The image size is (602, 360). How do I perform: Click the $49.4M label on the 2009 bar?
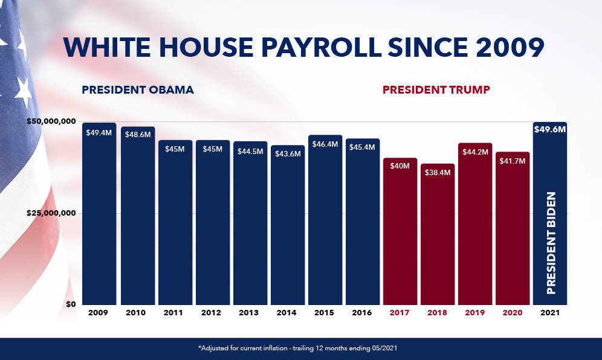coord(99,132)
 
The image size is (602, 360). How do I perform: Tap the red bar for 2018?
coord(437,242)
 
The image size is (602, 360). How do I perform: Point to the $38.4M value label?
coord(437,173)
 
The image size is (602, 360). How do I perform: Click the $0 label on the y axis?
coord(71,304)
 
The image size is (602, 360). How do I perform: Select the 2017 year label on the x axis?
coord(400,313)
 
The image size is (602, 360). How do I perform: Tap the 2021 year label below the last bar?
coord(549,313)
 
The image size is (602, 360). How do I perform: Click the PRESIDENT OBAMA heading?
coord(138,90)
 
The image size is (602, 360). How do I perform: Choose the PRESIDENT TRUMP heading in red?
coord(436,90)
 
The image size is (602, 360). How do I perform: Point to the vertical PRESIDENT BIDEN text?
coord(551,243)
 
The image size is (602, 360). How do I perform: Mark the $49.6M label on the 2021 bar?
coord(549,130)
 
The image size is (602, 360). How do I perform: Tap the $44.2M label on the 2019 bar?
coord(474,152)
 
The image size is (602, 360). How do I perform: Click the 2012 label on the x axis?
coord(212,313)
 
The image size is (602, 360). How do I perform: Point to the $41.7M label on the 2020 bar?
coord(512,161)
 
